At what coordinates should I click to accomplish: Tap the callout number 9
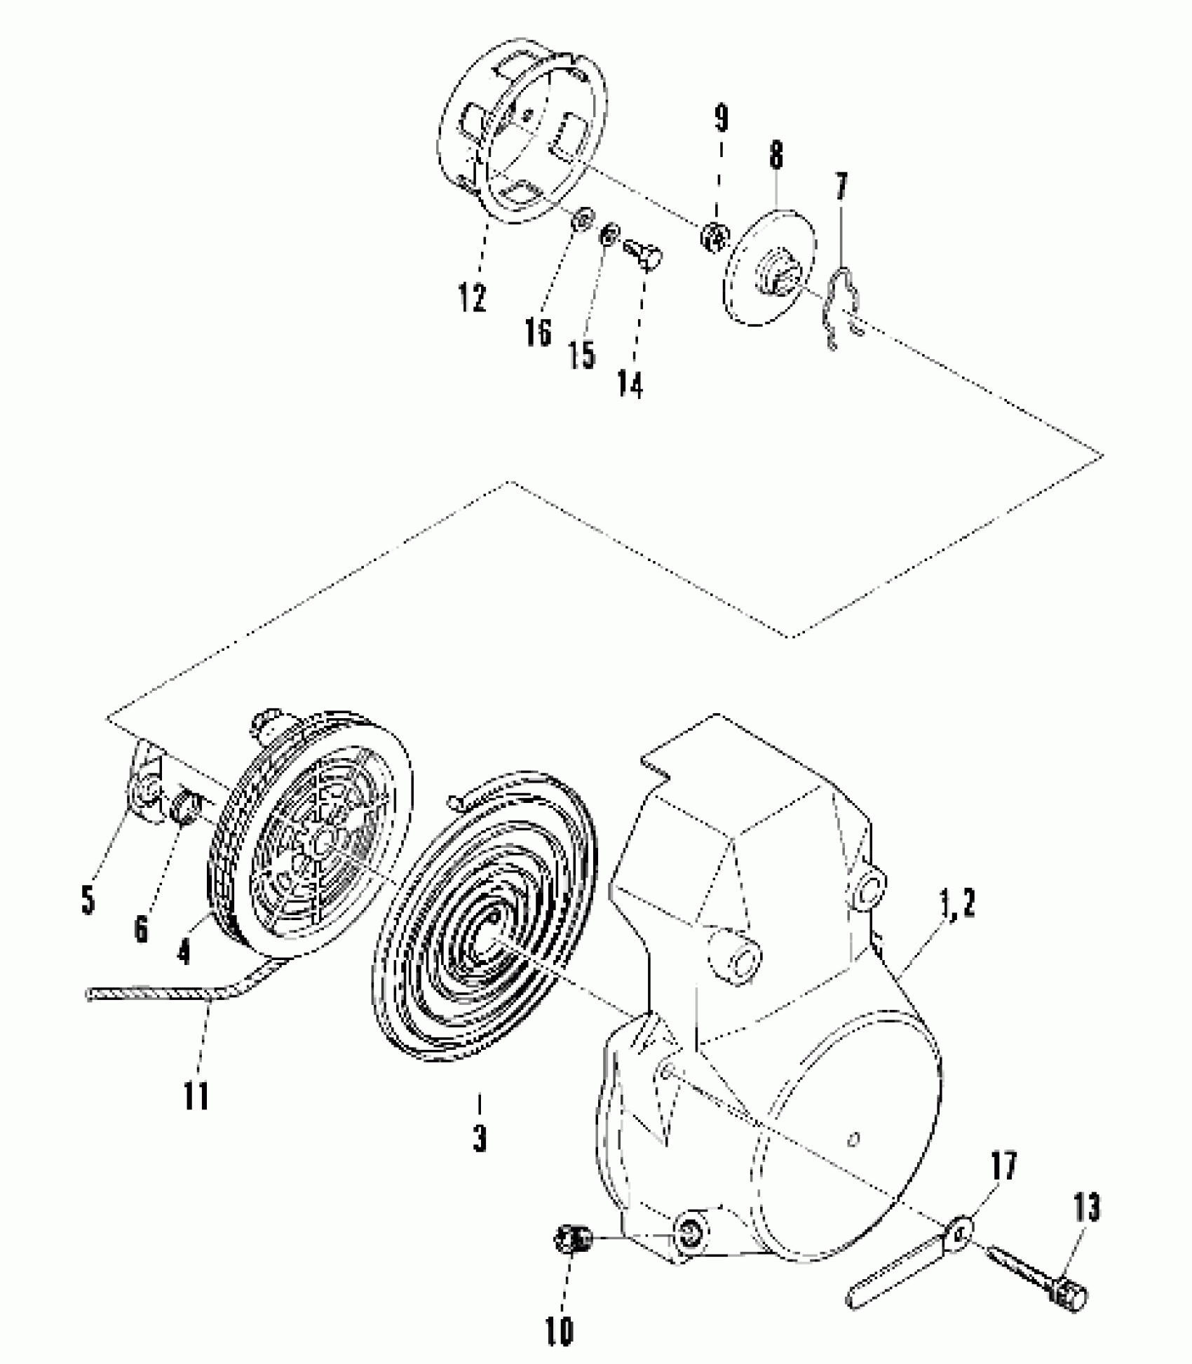[x=721, y=119]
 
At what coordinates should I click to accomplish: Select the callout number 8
[x=776, y=156]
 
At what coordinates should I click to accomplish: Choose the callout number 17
[x=1003, y=1167]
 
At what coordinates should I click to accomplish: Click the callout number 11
[x=196, y=1095]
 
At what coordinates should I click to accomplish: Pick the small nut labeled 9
[x=714, y=236]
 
